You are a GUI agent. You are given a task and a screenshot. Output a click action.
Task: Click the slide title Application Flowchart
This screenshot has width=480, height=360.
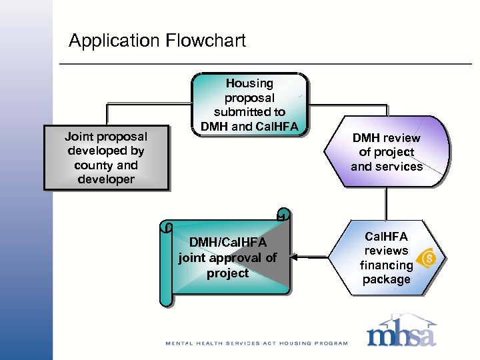tap(157, 41)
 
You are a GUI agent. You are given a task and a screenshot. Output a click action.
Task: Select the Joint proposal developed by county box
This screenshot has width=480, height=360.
tap(106, 158)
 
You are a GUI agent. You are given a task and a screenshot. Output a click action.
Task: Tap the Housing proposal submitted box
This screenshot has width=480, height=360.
tap(249, 105)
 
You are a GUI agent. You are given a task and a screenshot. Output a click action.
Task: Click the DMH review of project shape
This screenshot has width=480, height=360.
tap(386, 152)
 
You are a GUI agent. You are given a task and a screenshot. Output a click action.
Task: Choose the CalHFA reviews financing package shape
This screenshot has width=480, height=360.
tap(387, 258)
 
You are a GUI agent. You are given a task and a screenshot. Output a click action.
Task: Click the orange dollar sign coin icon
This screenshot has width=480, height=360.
tap(429, 258)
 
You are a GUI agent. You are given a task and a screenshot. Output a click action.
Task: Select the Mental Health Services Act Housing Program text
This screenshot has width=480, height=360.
tap(257, 343)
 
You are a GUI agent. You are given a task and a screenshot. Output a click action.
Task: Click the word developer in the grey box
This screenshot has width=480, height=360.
tap(106, 179)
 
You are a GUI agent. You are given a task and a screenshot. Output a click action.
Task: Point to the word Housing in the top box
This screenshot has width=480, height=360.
tap(249, 83)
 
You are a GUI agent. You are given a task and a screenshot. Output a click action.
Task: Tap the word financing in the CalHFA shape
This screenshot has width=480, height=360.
tap(387, 265)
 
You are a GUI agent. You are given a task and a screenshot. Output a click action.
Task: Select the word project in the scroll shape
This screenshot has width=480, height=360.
tap(227, 273)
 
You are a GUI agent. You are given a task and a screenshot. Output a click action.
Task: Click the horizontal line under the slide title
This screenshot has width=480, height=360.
tap(267, 64)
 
